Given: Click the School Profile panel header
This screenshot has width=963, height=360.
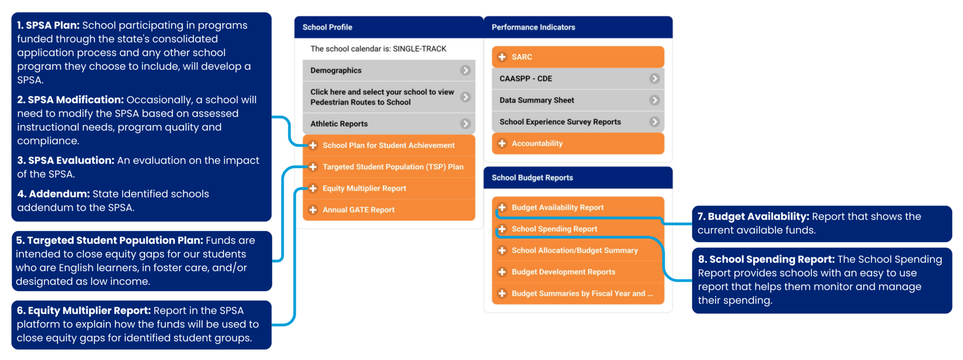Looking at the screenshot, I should pos(328,27).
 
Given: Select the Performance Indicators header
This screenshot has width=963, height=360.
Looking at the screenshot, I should pos(533,27).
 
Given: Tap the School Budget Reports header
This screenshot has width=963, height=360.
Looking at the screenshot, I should pos(532,177).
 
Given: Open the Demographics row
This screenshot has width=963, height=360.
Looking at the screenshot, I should pos(336,70).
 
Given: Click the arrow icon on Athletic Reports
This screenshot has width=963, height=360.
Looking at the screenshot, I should pos(465,123).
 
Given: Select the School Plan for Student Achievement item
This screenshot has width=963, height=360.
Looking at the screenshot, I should pos(388,145).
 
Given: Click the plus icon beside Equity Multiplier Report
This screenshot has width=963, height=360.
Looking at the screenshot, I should pos(313,189).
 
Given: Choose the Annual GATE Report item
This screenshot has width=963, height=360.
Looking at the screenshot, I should pos(358,210).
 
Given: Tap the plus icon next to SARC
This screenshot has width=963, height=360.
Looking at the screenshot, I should pos(502,57).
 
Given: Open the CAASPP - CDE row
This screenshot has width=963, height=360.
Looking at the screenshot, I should pos(526,79).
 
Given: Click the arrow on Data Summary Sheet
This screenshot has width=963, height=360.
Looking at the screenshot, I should pos(655,100).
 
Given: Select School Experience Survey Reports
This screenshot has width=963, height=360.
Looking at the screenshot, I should pos(560,122).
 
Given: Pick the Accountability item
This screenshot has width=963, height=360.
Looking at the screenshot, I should pos(537,143).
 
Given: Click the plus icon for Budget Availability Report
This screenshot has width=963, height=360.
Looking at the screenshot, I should pos(502,208).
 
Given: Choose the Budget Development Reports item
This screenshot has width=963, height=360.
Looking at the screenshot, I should pos(563,272).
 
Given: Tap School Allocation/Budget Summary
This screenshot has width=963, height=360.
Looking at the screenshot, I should pos(574,250).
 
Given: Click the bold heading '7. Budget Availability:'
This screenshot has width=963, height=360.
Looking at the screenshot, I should pos(753,217).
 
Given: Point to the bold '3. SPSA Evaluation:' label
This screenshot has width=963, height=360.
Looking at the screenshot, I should pos(66,160).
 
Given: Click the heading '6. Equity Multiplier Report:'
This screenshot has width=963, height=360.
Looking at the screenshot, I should pos(84,310).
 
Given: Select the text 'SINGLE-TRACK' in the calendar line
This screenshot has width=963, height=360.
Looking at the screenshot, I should pos(419,49).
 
